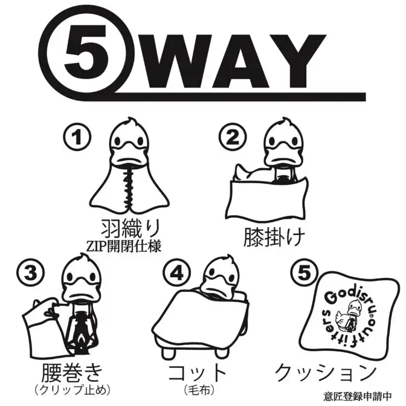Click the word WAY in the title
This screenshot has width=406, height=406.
click(x=235, y=61)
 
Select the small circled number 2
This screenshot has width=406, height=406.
click(x=233, y=137)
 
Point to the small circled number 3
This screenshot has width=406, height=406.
click(x=31, y=273)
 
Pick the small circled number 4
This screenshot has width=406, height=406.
click(x=177, y=273)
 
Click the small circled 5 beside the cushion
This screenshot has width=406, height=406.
click(x=304, y=273)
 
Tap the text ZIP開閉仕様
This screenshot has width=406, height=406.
click(x=123, y=246)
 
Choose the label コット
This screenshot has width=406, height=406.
click(x=198, y=372)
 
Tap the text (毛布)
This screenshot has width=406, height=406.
click(x=199, y=390)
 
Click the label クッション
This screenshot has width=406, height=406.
click(x=326, y=372)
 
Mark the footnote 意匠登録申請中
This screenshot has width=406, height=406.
click(x=358, y=396)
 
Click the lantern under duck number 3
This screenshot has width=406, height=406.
click(x=82, y=329)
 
